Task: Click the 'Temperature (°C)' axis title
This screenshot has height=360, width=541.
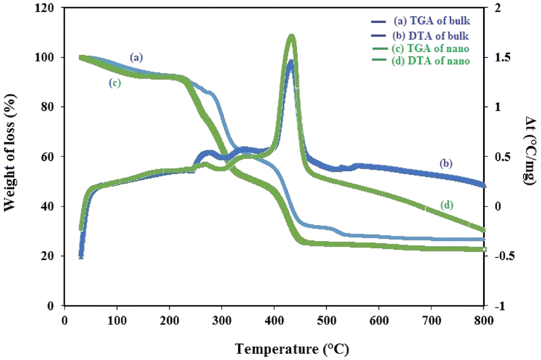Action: tap(292, 349)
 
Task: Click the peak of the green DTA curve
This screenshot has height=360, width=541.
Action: tap(291, 37)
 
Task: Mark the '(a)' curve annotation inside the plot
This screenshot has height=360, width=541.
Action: tap(137, 57)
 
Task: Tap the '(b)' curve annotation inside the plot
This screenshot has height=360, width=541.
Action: tap(447, 163)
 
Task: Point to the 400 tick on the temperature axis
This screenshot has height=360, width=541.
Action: tap(274, 320)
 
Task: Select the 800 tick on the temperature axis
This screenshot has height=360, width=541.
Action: tap(483, 320)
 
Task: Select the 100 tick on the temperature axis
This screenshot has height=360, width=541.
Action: tap(117, 320)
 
